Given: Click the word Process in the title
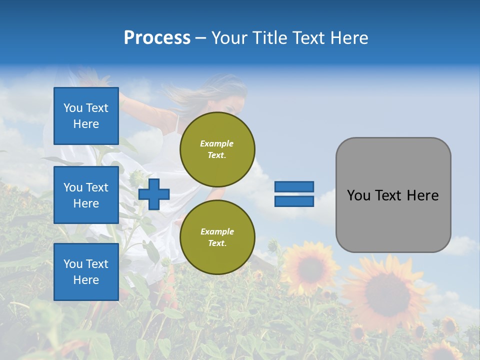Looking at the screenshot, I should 157,38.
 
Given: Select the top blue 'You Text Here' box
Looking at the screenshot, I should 86,116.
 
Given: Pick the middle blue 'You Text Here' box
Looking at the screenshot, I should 86,195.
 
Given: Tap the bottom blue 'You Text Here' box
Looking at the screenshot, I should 86,271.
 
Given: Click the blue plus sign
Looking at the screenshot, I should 154,194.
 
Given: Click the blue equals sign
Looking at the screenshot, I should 294,194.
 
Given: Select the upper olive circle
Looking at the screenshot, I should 217,149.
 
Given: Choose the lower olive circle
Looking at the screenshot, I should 217,237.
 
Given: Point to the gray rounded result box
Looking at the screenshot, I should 393,195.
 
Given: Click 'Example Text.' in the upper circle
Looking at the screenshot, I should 217,149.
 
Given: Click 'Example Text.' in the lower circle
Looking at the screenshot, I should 217,237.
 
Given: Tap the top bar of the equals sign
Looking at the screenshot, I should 294,187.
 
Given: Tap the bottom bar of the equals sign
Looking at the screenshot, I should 294,201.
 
